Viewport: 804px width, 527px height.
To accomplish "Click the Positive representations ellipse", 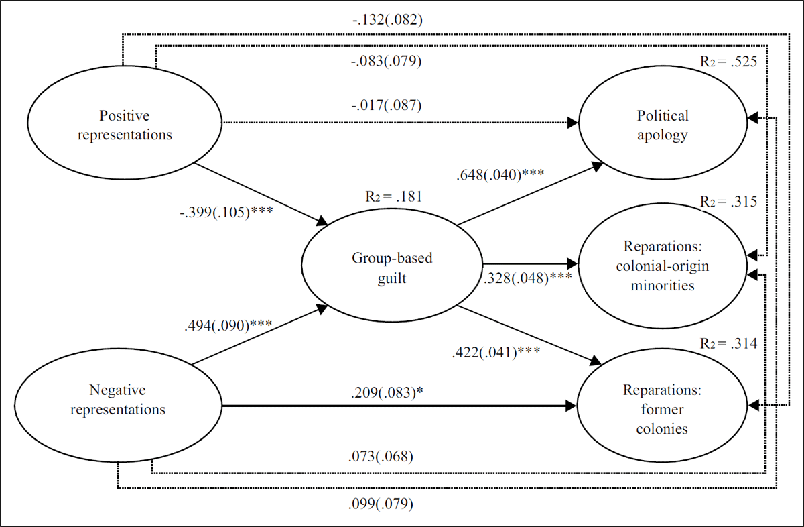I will coord(125,125).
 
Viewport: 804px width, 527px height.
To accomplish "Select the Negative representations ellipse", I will coord(117,399).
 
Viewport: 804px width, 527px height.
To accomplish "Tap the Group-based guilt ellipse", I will coord(392,268).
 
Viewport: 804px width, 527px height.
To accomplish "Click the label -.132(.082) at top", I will coord(387,21).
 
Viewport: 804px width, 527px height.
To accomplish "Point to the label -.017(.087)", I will coord(387,105).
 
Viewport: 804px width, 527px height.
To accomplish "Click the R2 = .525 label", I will coord(727,62).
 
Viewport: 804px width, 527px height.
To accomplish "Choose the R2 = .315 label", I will coord(727,202).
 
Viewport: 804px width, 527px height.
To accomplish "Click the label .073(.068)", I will coord(380,457).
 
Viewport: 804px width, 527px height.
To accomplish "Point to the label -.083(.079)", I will coord(387,63).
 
